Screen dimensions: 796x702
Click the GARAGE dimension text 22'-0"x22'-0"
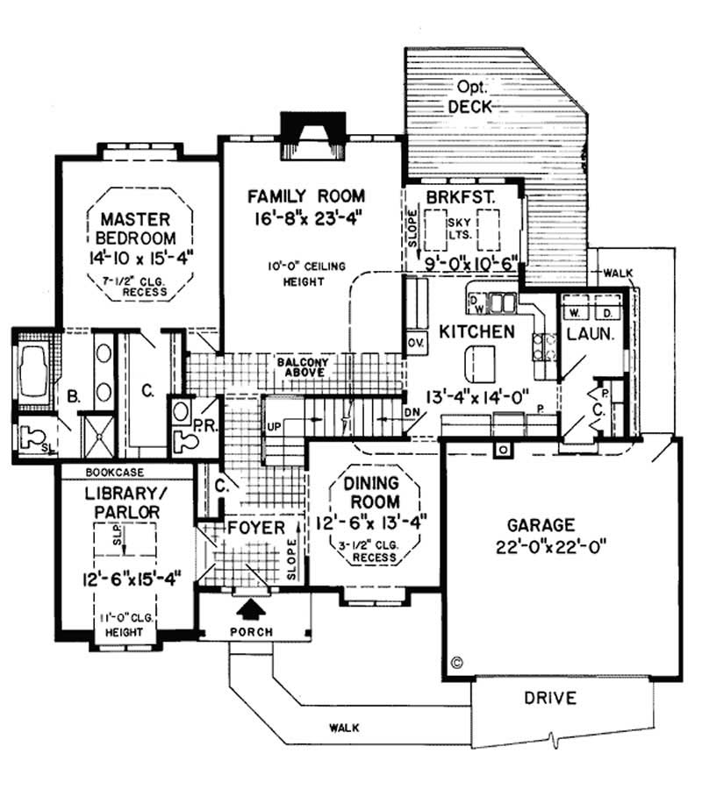(546, 545)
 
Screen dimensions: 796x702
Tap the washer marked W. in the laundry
(576, 312)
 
